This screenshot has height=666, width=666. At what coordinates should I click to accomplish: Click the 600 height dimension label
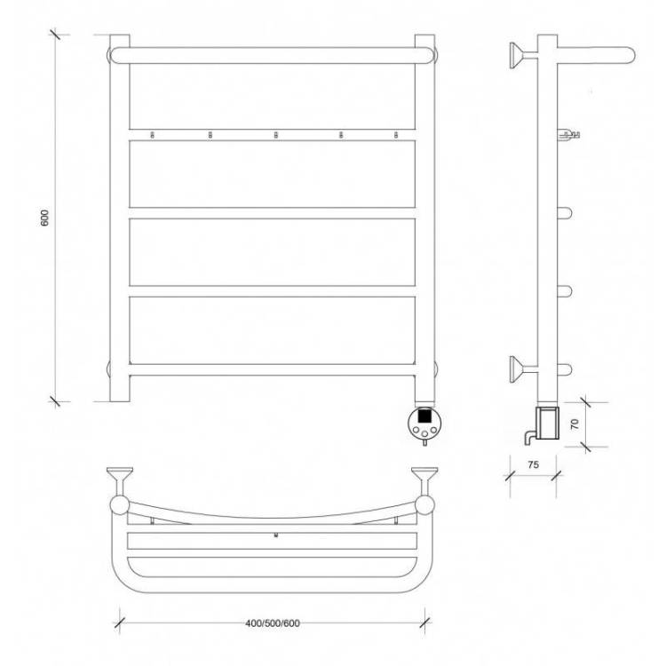[x=45, y=218]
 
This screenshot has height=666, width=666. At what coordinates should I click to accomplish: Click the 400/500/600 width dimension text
[x=273, y=623]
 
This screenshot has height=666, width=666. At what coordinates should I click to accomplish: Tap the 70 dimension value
[x=575, y=424]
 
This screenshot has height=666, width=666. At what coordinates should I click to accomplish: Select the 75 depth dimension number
[x=534, y=464]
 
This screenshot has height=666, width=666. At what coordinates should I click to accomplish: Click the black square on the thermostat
[x=424, y=415]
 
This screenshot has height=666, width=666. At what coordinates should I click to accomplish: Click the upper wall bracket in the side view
[x=523, y=55]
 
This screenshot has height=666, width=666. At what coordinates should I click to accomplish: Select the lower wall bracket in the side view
[x=523, y=369]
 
